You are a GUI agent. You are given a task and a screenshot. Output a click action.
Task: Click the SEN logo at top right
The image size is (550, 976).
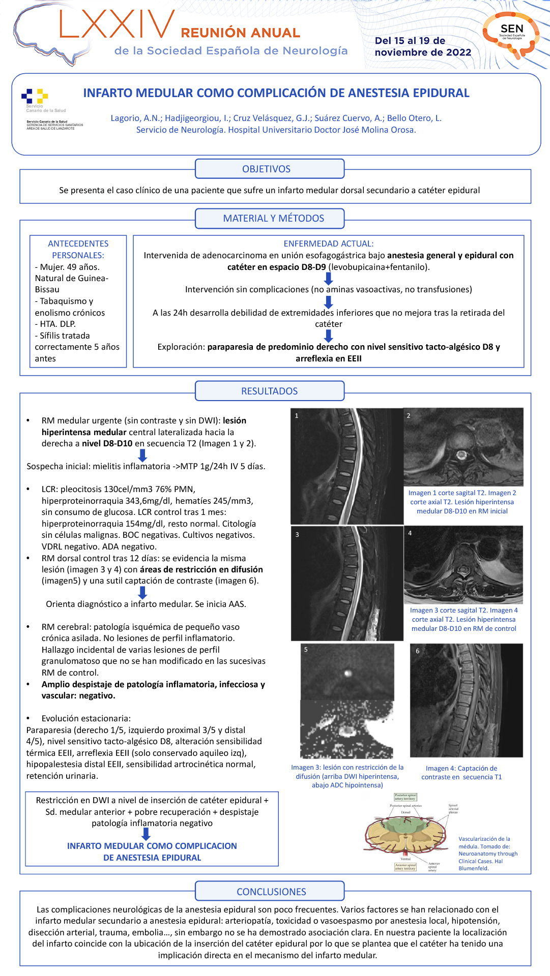click(511, 34)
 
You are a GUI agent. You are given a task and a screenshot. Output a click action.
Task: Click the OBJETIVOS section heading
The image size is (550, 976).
click(269, 169)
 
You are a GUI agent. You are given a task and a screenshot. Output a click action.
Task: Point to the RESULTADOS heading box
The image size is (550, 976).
click(269, 391)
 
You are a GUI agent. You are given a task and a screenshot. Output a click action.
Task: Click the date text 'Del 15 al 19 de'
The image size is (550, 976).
click(410, 41)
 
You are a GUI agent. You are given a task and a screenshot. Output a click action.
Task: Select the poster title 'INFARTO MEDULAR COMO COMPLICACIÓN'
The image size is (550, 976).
click(276, 93)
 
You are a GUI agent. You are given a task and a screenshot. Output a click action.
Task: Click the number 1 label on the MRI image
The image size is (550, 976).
click(297, 416)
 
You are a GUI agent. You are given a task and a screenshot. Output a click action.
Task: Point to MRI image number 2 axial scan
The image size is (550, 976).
click(463, 447)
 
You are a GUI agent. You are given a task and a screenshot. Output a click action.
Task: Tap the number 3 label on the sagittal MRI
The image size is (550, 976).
click(297, 535)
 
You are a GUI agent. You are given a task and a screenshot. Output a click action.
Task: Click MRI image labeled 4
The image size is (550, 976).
click(463, 564)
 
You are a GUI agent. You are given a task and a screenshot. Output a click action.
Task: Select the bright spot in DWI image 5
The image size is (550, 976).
click(348, 673)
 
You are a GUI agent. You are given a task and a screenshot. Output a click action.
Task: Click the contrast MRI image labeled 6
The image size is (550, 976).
click(466, 700)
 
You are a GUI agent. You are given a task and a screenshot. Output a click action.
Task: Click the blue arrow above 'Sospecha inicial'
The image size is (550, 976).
click(143, 455)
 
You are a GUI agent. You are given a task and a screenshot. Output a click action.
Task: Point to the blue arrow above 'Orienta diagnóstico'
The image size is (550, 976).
click(143, 593)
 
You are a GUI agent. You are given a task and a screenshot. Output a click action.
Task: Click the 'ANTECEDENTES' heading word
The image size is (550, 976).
click(78, 244)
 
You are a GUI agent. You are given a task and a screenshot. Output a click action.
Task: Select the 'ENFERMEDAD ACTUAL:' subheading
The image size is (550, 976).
click(328, 244)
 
